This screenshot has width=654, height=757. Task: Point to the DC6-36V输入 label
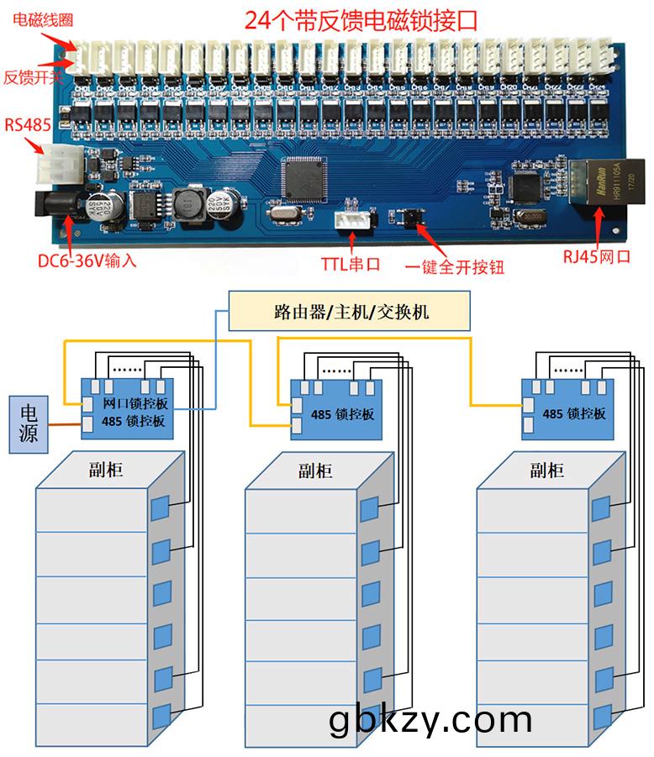[x=87, y=260]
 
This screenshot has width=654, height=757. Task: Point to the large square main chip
[x=302, y=176]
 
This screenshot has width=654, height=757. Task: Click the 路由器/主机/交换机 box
[x=351, y=313]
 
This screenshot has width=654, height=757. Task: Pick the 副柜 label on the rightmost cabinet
[x=546, y=470]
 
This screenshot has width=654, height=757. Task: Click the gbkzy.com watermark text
[x=430, y=719]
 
